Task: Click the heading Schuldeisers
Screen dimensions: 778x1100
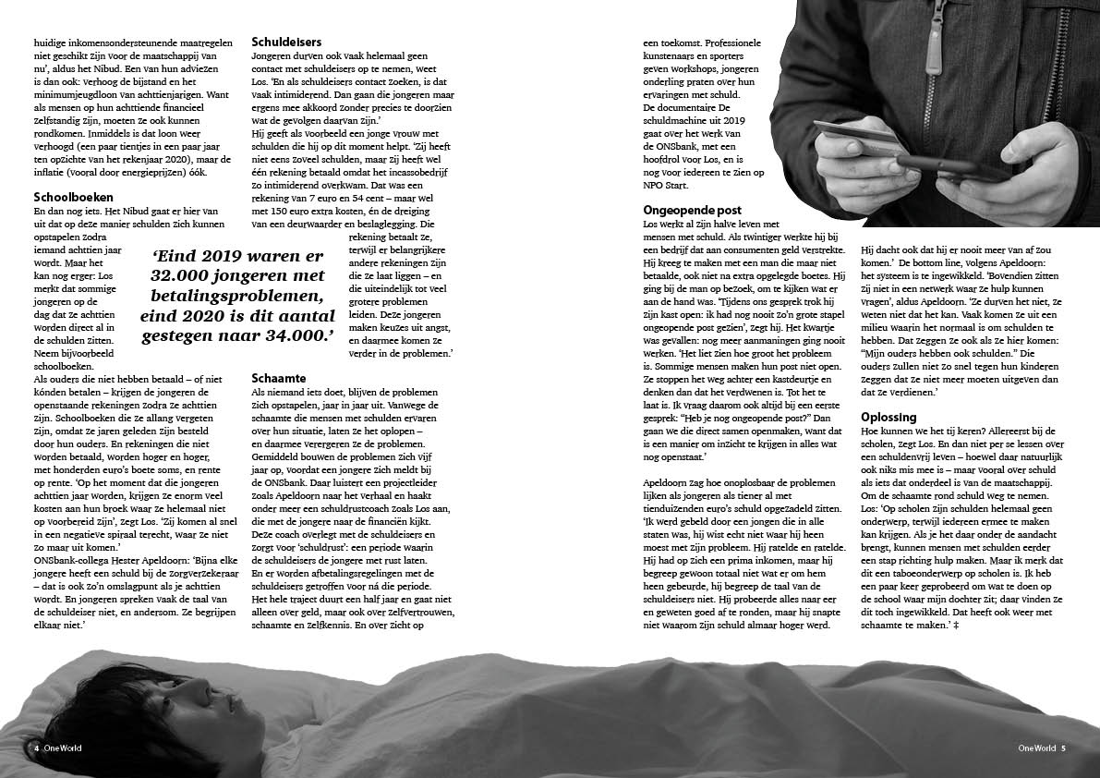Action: pos(286,42)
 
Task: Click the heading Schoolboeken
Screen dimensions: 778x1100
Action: pos(73,197)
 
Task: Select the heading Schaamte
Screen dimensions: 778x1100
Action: pos(279,378)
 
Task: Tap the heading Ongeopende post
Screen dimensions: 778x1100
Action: pos(692,211)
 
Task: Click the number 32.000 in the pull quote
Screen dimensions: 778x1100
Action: pos(181,276)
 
